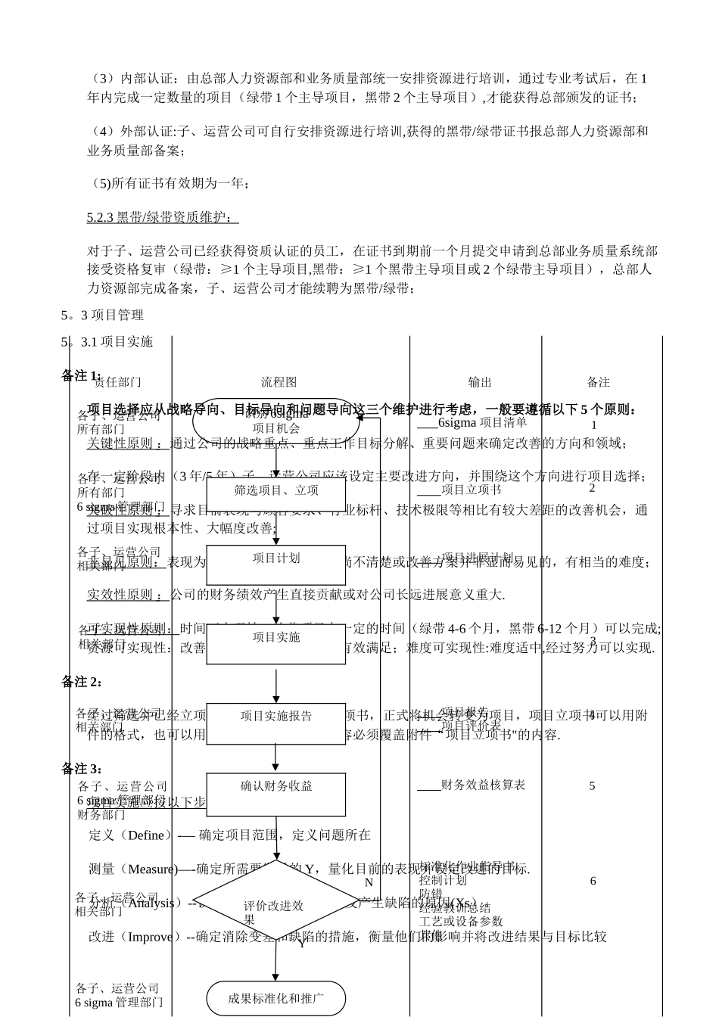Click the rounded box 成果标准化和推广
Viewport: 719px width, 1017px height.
pos(276,999)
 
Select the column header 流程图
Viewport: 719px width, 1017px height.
pos(279,382)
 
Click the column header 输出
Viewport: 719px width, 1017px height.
pos(480,382)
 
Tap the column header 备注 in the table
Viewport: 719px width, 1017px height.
pos(598,382)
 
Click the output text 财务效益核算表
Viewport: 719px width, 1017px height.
pos(482,785)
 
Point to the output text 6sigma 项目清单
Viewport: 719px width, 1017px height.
pos(482,422)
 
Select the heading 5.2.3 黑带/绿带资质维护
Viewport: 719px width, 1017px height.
pos(162,218)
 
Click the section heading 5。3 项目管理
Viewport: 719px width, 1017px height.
pos(102,314)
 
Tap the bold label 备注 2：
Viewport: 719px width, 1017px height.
pos(82,682)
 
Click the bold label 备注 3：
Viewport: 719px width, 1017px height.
pos(82,769)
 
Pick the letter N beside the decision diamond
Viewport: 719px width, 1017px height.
pos(369,882)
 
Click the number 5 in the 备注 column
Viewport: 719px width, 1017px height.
pos(592,786)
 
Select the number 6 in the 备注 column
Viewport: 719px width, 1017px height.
pos(593,881)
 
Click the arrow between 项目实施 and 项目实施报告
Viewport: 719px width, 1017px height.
pos(276,684)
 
